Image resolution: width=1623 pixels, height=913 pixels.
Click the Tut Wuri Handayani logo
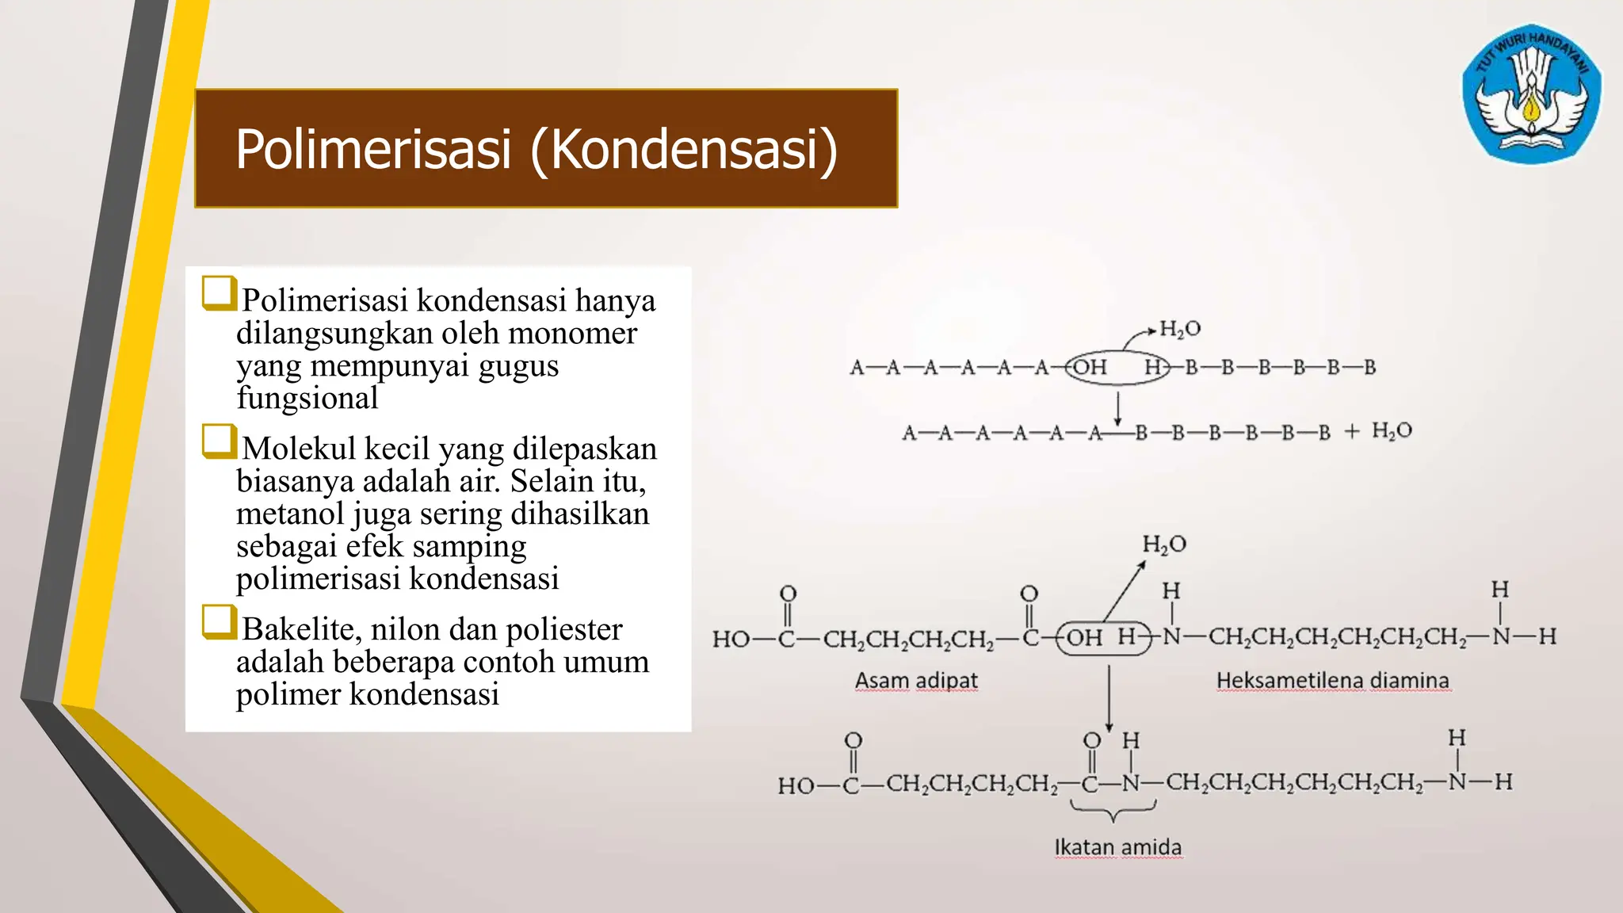click(1531, 94)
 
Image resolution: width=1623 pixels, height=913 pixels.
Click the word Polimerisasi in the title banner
click(372, 149)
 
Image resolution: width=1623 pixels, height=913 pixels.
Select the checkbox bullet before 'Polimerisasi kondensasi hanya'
click(219, 293)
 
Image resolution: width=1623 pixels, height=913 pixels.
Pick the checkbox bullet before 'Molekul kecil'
click(219, 441)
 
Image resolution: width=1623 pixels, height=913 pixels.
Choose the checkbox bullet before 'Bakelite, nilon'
click(219, 622)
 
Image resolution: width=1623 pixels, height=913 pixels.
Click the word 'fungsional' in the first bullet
click(307, 398)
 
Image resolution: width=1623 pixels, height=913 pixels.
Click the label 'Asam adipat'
click(916, 681)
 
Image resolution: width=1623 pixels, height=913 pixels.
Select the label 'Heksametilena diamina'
click(1333, 681)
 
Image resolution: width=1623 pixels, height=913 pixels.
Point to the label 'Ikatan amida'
click(1117, 848)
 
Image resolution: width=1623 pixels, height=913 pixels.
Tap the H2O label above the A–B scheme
click(1180, 329)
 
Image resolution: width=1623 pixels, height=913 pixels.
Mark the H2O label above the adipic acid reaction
click(1164, 544)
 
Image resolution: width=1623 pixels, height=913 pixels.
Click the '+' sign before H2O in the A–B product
click(1352, 431)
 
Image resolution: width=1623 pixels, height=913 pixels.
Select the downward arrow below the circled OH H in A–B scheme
click(1117, 409)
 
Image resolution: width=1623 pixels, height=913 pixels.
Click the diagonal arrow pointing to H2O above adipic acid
click(1125, 590)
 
